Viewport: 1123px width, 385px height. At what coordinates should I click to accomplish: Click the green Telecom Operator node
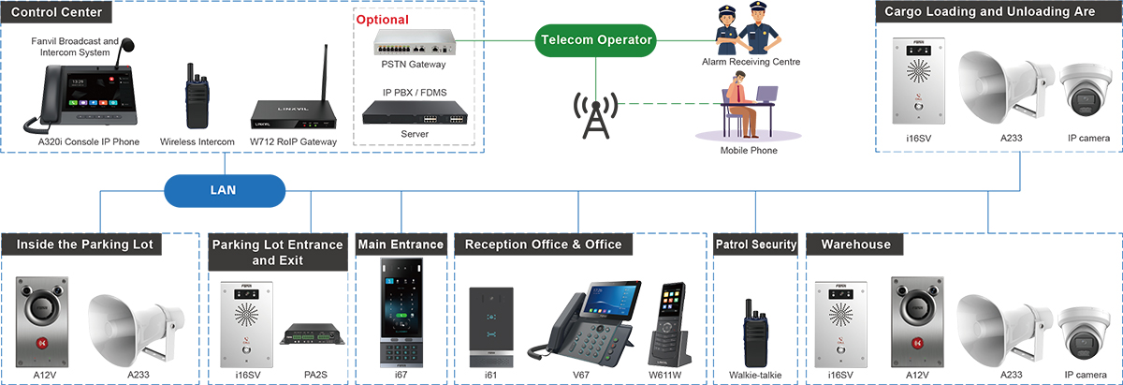click(x=596, y=39)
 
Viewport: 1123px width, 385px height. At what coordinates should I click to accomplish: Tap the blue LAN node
click(x=223, y=189)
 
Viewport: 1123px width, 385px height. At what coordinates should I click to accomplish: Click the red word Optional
click(x=382, y=19)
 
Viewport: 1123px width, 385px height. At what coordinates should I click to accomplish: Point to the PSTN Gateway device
click(x=414, y=42)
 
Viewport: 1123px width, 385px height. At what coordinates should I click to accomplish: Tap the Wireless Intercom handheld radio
click(x=196, y=96)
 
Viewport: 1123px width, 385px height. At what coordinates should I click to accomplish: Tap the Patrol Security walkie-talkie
click(x=754, y=332)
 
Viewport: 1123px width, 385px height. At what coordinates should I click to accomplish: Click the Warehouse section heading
click(x=855, y=244)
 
